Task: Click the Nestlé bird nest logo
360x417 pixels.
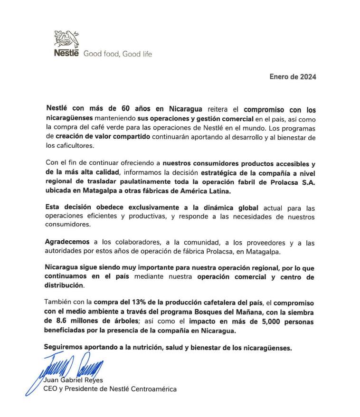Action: click(66, 38)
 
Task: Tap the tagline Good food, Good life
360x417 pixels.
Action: click(118, 54)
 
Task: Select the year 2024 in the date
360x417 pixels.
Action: click(308, 76)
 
